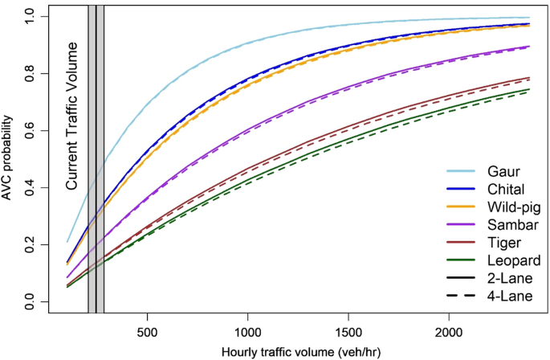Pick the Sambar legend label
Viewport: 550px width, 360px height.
[511, 224]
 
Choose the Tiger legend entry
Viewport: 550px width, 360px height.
[503, 242]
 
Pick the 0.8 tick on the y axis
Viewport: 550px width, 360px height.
[31, 73]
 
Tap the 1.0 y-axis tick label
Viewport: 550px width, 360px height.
[31, 16]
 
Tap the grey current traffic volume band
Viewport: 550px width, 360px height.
[96, 161]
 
